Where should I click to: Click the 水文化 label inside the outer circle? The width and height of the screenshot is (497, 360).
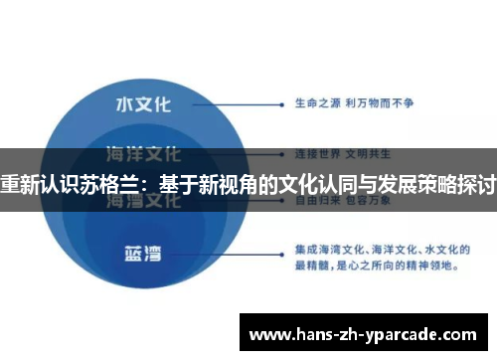tap(142, 103)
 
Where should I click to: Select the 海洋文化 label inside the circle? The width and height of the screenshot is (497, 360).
tap(142, 154)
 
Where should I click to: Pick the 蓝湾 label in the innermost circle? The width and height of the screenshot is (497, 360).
tap(142, 251)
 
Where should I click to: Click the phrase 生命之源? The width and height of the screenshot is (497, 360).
tap(315, 101)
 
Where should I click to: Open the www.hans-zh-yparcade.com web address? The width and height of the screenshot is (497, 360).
tap(368, 332)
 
